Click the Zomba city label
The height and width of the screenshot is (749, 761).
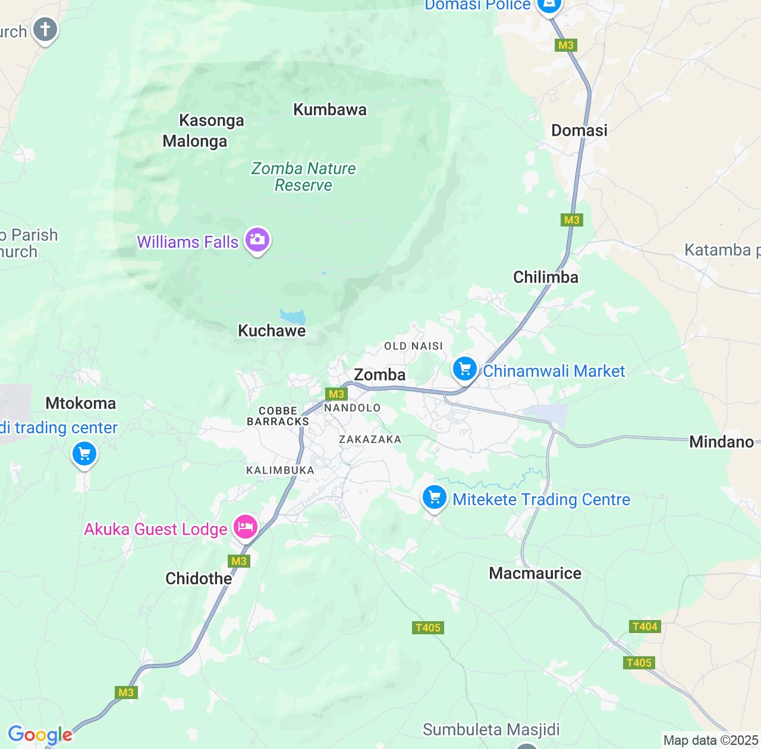tap(379, 374)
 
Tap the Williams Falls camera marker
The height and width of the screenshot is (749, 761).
tap(257, 241)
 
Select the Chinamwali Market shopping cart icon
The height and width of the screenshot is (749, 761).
tap(465, 370)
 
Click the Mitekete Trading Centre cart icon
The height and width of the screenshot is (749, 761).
tap(434, 498)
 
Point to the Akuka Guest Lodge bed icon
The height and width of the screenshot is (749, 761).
tap(245, 527)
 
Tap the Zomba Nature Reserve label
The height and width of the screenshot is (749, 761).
tap(303, 177)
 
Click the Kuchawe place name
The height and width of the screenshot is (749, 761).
tap(272, 331)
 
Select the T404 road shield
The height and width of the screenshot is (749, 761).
tap(644, 627)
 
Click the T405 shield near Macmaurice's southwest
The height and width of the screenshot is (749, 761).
tap(427, 628)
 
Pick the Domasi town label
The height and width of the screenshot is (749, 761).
tap(579, 131)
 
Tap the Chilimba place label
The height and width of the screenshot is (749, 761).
tap(545, 277)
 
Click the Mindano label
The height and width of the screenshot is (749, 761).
tap(721, 442)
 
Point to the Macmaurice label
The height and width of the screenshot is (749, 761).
tap(535, 573)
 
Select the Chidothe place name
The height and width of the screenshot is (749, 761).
tap(199, 578)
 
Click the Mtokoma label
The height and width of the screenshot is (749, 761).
tap(81, 403)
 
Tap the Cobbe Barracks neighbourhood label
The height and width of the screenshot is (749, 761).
tap(278, 416)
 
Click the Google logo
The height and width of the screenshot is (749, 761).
tap(40, 735)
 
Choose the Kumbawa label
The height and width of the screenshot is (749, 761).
tap(330, 110)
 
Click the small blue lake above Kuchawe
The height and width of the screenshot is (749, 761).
tap(293, 316)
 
